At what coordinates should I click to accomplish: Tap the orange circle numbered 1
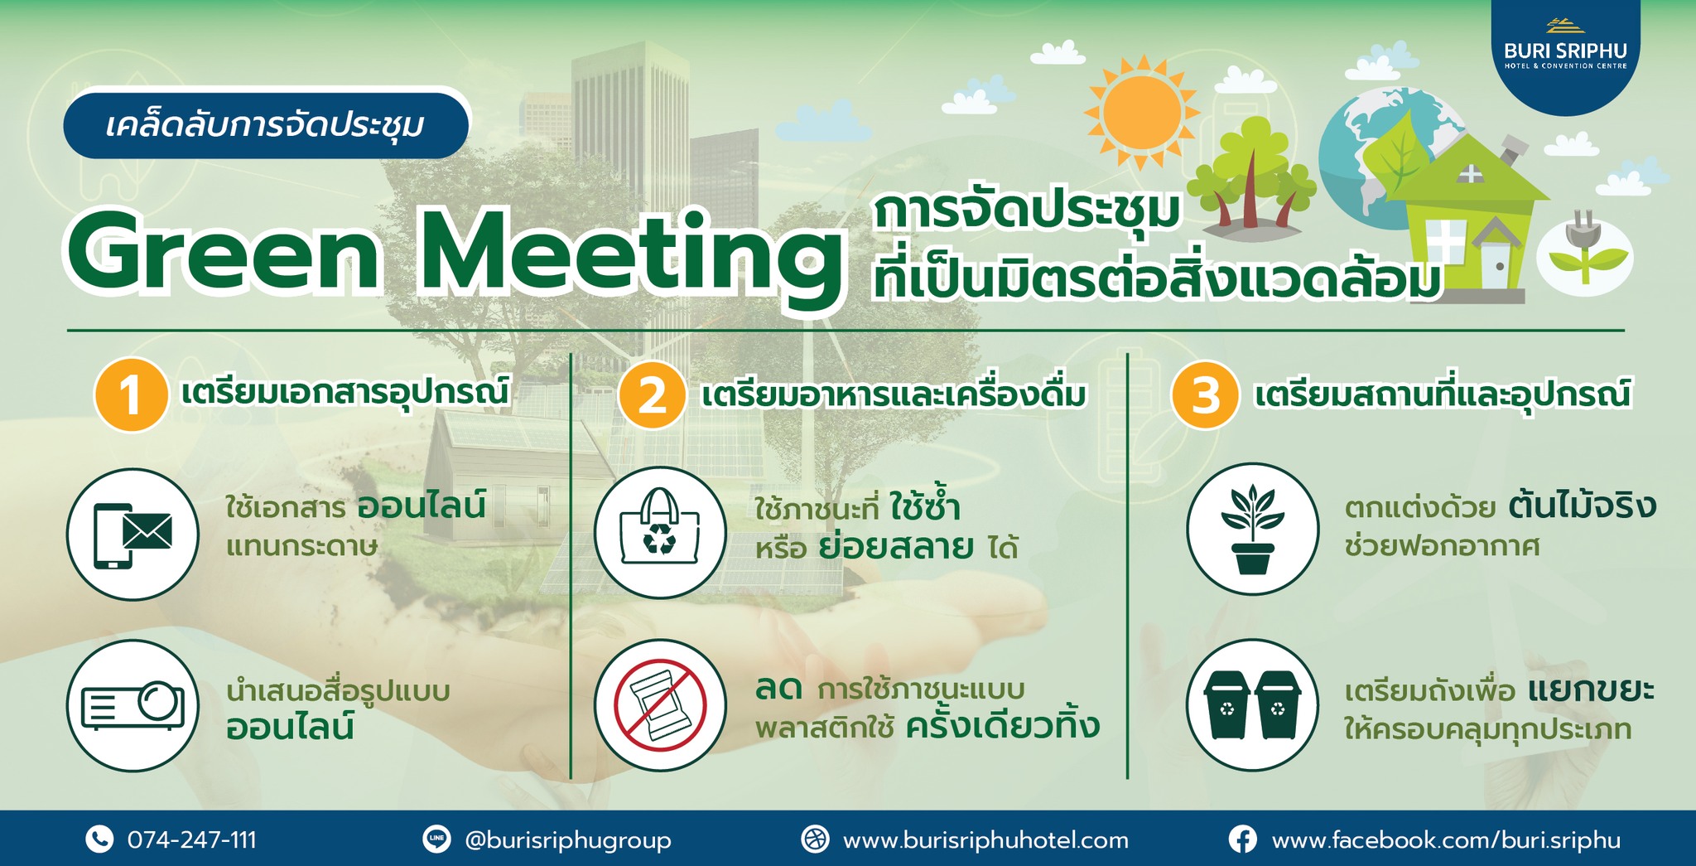tap(131, 394)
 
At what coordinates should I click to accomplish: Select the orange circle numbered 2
tap(653, 394)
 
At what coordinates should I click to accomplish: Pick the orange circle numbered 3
tap(1205, 394)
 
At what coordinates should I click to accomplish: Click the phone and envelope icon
tap(132, 535)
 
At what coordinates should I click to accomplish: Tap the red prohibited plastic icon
tap(660, 705)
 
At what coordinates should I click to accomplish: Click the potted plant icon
tap(1252, 529)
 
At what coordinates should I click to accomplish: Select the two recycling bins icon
tap(1252, 705)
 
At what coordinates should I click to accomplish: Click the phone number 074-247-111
tap(192, 840)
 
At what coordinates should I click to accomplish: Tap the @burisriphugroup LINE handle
tap(568, 840)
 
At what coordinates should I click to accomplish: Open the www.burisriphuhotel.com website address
tap(985, 840)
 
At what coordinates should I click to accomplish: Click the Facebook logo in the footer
tap(1242, 839)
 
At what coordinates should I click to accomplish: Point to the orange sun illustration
tap(1142, 112)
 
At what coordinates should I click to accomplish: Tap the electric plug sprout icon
tap(1584, 253)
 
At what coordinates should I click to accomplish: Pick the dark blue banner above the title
tap(266, 125)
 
